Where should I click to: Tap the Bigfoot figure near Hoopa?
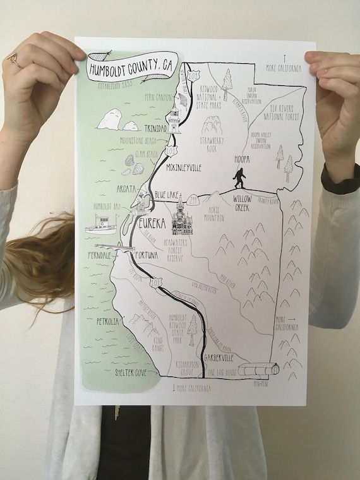pyautogui.click(x=239, y=179)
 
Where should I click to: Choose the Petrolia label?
pyautogui.click(x=107, y=321)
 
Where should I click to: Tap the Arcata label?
pyautogui.click(x=126, y=189)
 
